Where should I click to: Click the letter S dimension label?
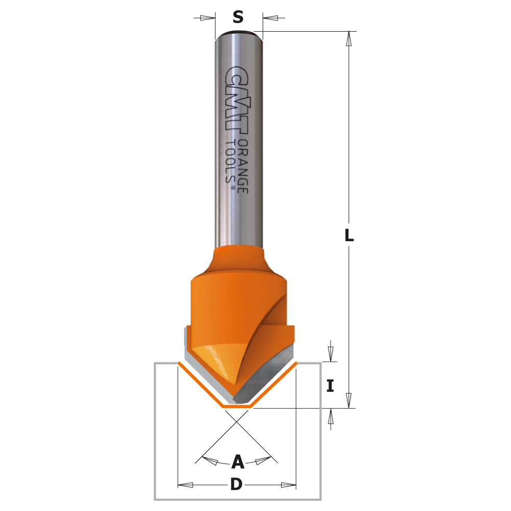pos(238,17)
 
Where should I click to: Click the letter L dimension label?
pos(349,236)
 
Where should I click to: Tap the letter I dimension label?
pos(331,386)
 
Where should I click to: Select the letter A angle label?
pos(238,462)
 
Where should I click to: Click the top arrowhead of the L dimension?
pos(349,39)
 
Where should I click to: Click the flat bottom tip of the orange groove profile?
pos(236,407)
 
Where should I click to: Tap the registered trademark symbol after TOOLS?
pos(233,189)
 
